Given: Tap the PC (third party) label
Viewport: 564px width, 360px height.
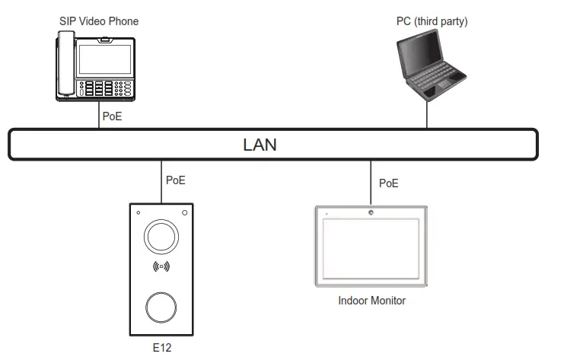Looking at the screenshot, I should coord(432,21).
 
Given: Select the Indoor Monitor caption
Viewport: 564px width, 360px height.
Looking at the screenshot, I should coord(371,301).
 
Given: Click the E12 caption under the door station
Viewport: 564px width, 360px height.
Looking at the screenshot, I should coord(161,347).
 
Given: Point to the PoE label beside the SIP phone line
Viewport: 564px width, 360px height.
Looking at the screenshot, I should coord(112,118).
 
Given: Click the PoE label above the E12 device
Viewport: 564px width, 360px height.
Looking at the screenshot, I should coord(175,181).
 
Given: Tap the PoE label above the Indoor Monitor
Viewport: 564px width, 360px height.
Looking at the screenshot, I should coord(388,183).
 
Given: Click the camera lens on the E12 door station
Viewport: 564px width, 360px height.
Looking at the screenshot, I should coord(161,237).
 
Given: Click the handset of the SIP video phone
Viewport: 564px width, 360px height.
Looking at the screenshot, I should coord(66,67).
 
